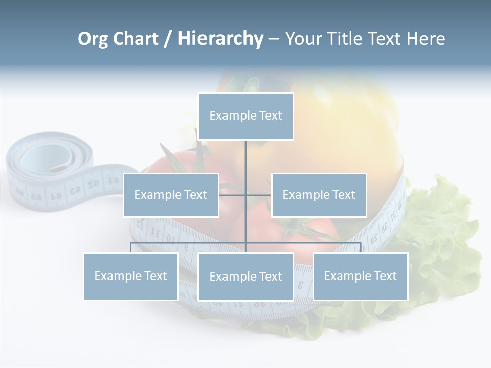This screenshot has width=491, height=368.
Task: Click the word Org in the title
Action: pos(93,39)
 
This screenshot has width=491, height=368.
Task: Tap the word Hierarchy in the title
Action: pos(220,39)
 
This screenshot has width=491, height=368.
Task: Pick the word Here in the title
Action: pos(426,39)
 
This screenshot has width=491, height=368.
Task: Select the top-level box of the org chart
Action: pos(245,116)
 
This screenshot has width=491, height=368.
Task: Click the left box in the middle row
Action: pos(171,195)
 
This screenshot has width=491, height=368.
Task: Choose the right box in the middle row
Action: pos(319,195)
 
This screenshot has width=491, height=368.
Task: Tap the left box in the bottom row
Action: pos(131,276)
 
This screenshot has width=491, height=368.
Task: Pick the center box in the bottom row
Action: pos(245,277)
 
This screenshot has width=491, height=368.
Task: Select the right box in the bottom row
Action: pos(360,276)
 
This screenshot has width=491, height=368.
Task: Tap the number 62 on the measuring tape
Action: pos(94,183)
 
